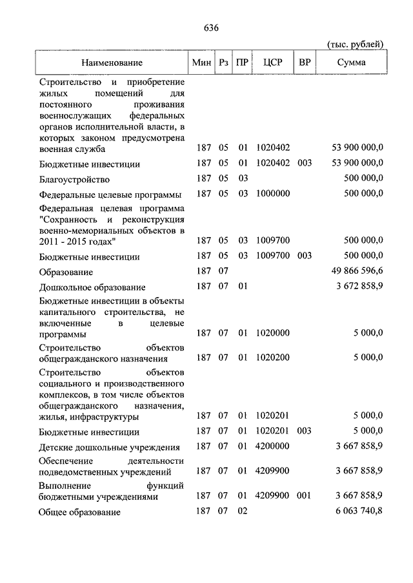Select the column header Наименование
click(x=112, y=62)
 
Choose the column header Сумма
click(x=350, y=62)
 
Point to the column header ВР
click(x=304, y=62)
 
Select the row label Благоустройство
click(x=74, y=179)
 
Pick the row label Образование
click(x=66, y=272)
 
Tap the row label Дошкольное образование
click(x=92, y=287)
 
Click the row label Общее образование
click(x=79, y=512)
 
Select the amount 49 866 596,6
click(x=356, y=272)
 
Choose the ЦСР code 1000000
click(x=273, y=194)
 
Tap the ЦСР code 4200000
click(x=273, y=446)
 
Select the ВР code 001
click(x=304, y=495)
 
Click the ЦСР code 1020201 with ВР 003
click(x=273, y=431)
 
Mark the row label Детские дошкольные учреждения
click(x=109, y=447)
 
